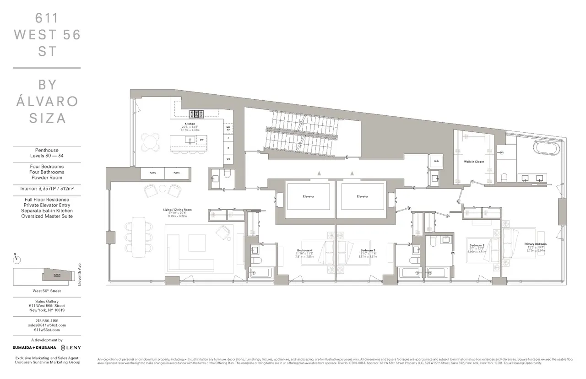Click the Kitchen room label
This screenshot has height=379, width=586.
point(190,124)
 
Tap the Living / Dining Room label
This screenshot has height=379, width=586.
point(177,210)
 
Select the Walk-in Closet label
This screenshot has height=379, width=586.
point(473,162)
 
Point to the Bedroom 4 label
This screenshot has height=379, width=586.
point(304,250)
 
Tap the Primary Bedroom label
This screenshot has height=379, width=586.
point(536,244)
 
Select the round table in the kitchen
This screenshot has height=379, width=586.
point(151,141)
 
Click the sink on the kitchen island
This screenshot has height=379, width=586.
point(188,139)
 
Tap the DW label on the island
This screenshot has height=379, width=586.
point(201,139)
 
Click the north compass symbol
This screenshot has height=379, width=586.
point(17,259)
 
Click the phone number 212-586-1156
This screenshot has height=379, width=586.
point(46,321)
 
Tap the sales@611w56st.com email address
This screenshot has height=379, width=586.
point(46,325)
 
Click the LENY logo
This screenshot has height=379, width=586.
point(71,348)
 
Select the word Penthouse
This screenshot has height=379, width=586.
point(46,150)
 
